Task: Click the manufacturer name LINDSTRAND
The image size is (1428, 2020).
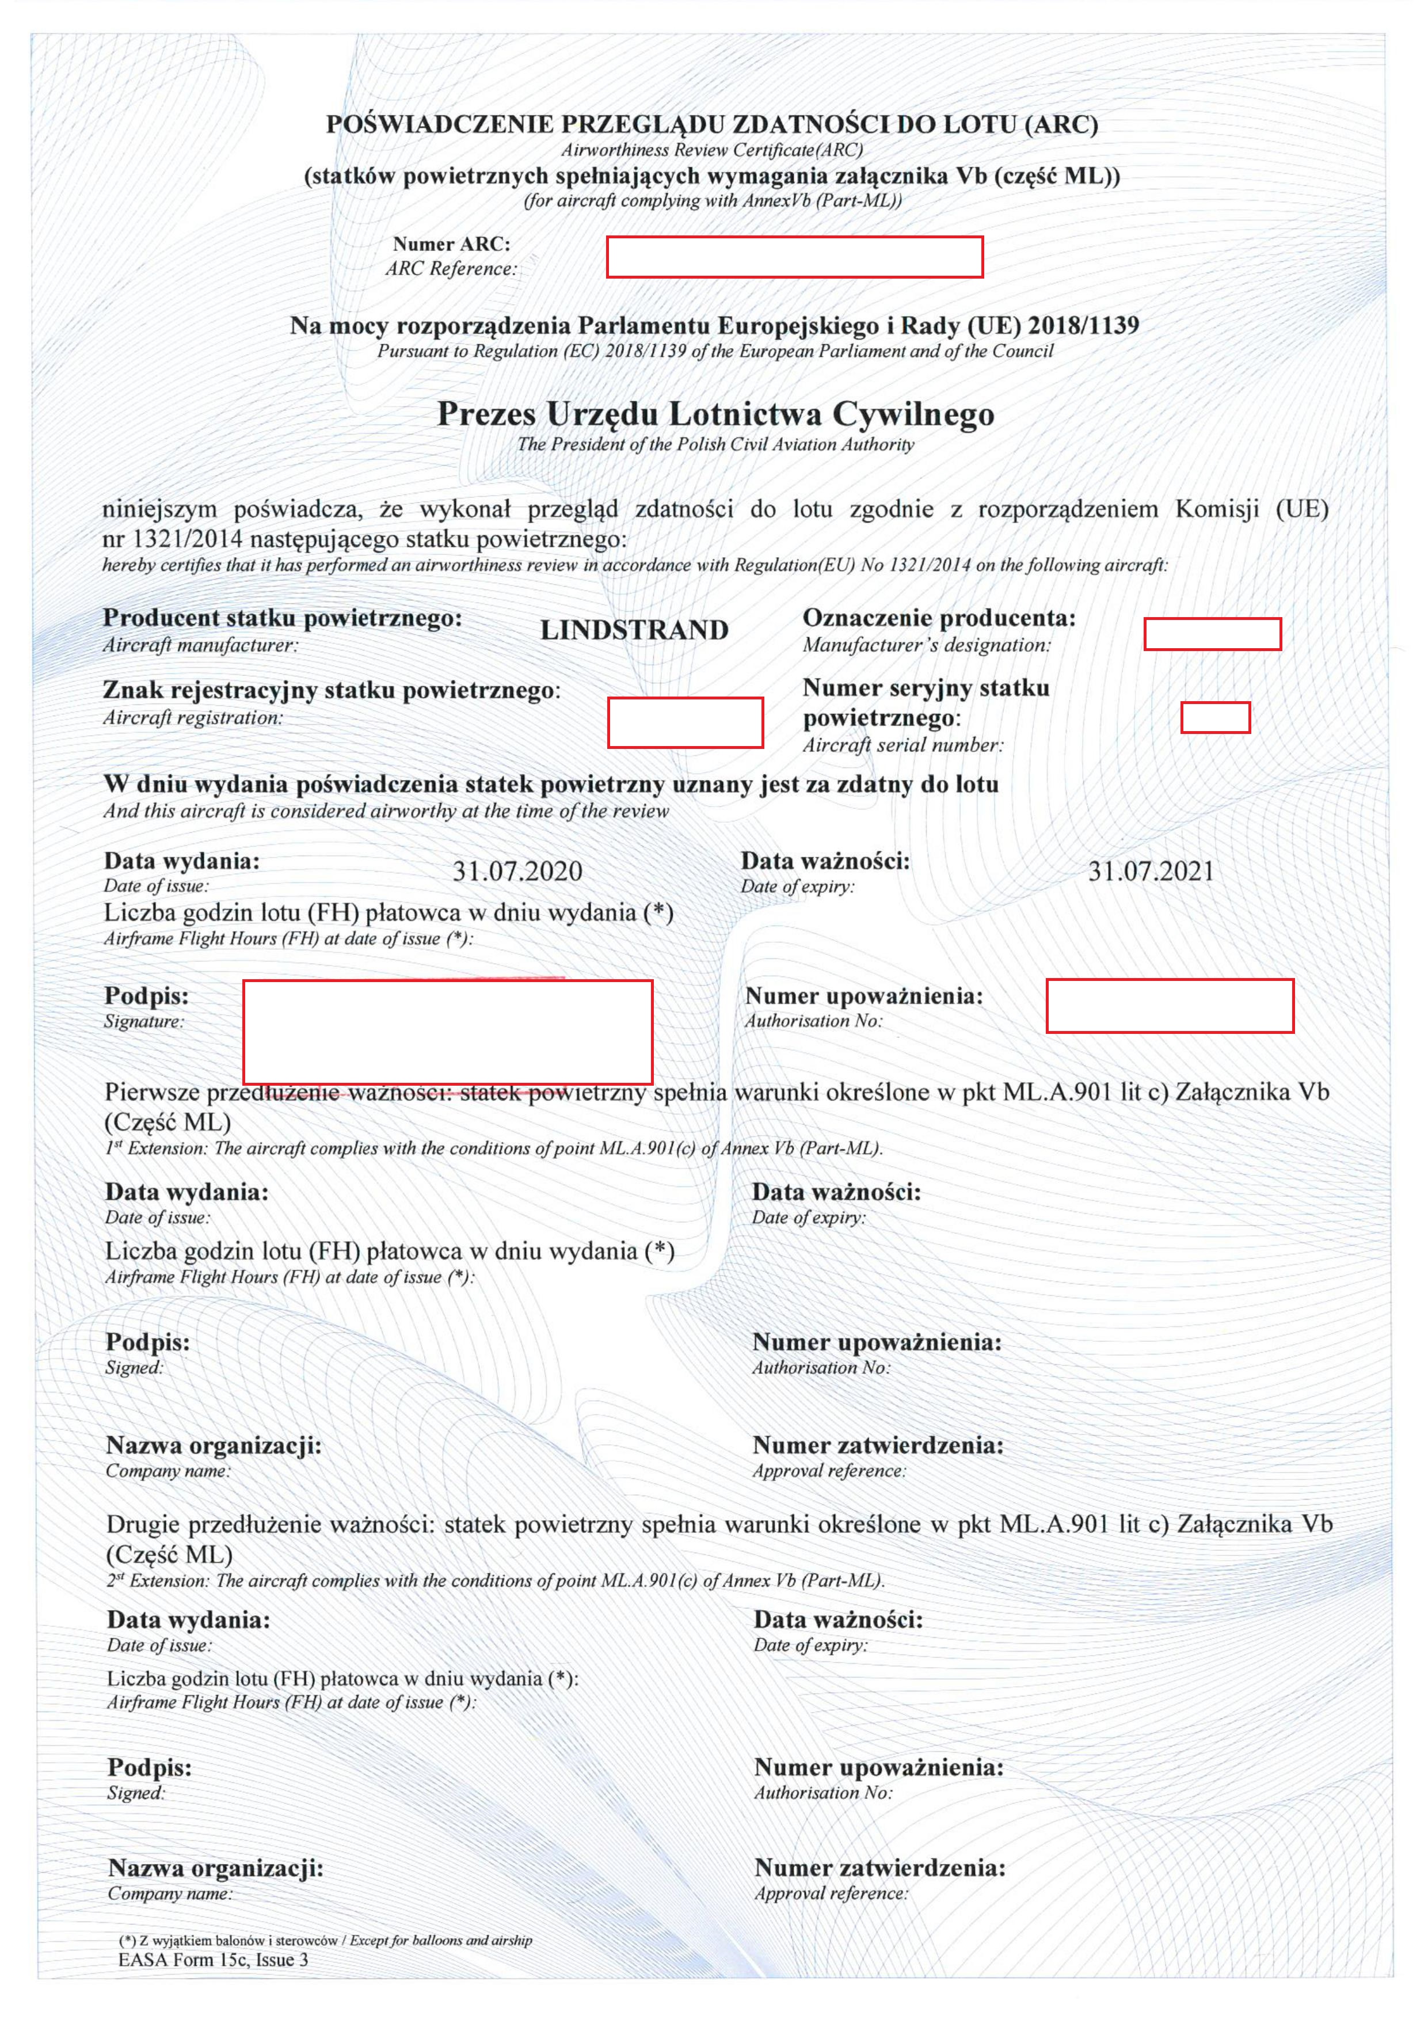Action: point(634,630)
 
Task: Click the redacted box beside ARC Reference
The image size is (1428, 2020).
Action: point(794,257)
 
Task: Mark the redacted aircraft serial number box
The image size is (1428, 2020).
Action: point(1214,717)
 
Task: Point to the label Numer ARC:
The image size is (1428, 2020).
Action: point(451,244)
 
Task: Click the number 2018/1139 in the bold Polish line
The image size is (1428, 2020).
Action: point(1083,325)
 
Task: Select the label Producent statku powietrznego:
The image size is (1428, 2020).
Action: point(283,618)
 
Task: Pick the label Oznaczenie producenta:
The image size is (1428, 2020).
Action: point(939,618)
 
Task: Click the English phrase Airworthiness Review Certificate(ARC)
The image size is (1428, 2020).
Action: point(712,150)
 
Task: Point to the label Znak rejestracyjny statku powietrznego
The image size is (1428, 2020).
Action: point(331,690)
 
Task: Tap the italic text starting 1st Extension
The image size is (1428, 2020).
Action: point(493,1148)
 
